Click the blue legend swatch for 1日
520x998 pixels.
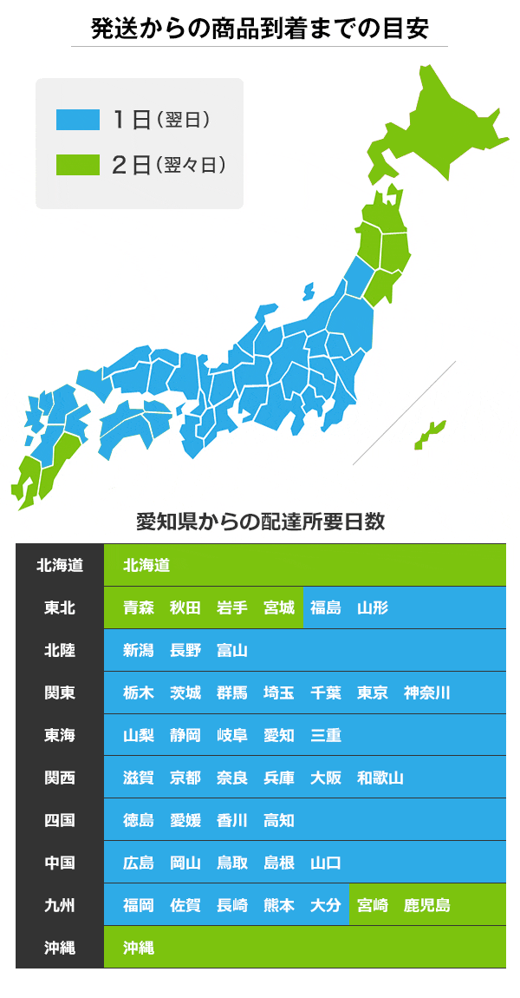pyautogui.click(x=77, y=120)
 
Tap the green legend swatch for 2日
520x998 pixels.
pyautogui.click(x=77, y=165)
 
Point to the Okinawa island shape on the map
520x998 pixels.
pyautogui.click(x=428, y=434)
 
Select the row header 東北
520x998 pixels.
pyautogui.click(x=59, y=607)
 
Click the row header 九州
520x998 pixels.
pyautogui.click(x=59, y=905)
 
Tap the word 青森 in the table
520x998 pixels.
pyautogui.click(x=139, y=607)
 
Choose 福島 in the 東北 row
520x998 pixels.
pyautogui.click(x=326, y=607)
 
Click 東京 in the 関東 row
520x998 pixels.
pyautogui.click(x=373, y=693)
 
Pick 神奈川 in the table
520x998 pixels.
pyautogui.click(x=427, y=693)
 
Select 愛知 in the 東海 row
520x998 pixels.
pyautogui.click(x=279, y=735)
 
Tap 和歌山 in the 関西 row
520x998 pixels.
pyautogui.click(x=380, y=778)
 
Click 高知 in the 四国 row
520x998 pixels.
pyautogui.click(x=279, y=820)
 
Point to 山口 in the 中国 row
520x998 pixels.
pyautogui.click(x=326, y=863)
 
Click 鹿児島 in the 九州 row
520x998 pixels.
pyautogui.click(x=427, y=905)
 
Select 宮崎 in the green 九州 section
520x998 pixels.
pyautogui.click(x=373, y=905)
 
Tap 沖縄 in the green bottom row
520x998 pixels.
pyautogui.click(x=139, y=948)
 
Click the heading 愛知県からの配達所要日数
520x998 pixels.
pyautogui.click(x=260, y=522)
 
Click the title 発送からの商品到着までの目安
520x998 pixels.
pyautogui.click(x=260, y=29)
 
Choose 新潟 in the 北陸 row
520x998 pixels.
pyautogui.click(x=139, y=650)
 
